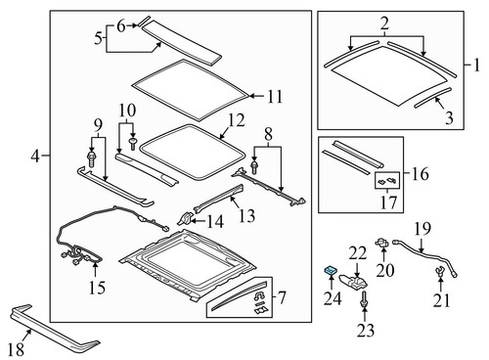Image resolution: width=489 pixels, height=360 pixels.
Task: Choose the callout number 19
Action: click(x=421, y=231)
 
